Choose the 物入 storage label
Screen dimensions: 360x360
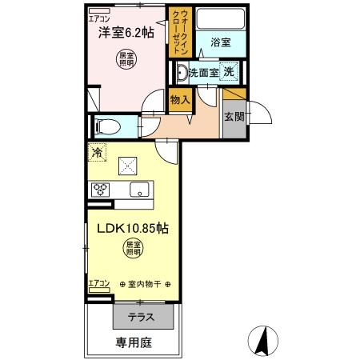click(x=180, y=100)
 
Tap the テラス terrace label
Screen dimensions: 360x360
click(x=142, y=317)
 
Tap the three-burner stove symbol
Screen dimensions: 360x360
click(x=102, y=190)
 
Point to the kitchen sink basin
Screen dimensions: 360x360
click(x=139, y=190)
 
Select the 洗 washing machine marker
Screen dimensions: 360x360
click(x=229, y=73)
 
